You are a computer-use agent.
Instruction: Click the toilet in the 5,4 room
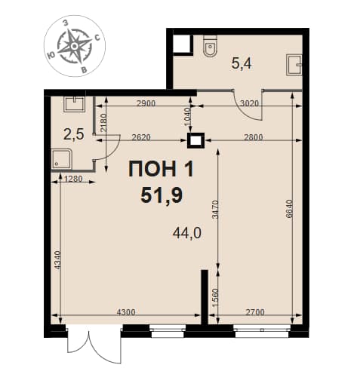click(x=211, y=46)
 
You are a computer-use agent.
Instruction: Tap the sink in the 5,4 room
click(x=294, y=66)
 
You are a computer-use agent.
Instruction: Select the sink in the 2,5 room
click(x=75, y=104)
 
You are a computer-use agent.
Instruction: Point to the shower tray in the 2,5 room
click(x=62, y=159)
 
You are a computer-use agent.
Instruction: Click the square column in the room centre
click(x=195, y=141)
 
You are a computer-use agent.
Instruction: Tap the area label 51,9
click(x=162, y=195)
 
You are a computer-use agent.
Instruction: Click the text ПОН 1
click(x=161, y=169)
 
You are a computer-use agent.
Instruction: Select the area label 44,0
click(x=187, y=234)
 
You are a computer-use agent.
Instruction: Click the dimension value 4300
click(x=126, y=312)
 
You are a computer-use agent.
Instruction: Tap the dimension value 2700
click(x=255, y=312)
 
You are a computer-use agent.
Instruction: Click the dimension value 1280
click(x=73, y=179)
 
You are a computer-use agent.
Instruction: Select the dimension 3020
click(x=249, y=103)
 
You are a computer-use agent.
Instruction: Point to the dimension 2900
click(x=146, y=103)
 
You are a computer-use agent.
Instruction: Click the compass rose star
click(x=75, y=46)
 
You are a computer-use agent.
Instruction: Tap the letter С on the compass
click(x=97, y=38)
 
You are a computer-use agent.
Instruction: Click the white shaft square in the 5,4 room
click(x=183, y=44)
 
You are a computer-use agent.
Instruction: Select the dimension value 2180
click(x=103, y=123)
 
